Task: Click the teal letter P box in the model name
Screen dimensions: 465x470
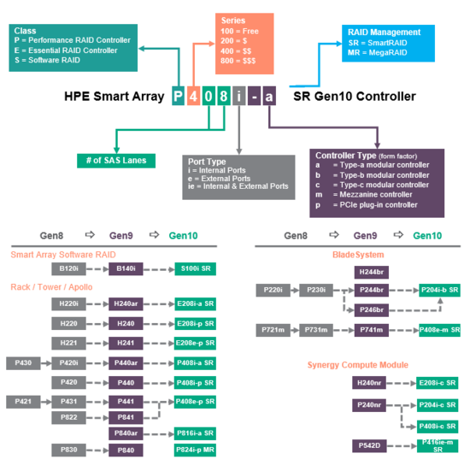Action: (177, 97)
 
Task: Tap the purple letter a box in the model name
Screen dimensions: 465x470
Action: (268, 97)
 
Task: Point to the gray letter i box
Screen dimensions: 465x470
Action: (237, 97)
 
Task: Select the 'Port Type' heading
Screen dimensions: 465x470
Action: (206, 161)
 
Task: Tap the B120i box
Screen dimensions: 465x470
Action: (69, 268)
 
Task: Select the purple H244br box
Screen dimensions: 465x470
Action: (373, 273)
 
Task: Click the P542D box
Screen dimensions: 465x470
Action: (373, 445)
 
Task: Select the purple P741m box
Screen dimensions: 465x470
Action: (373, 330)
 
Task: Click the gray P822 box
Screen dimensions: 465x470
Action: (69, 417)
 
